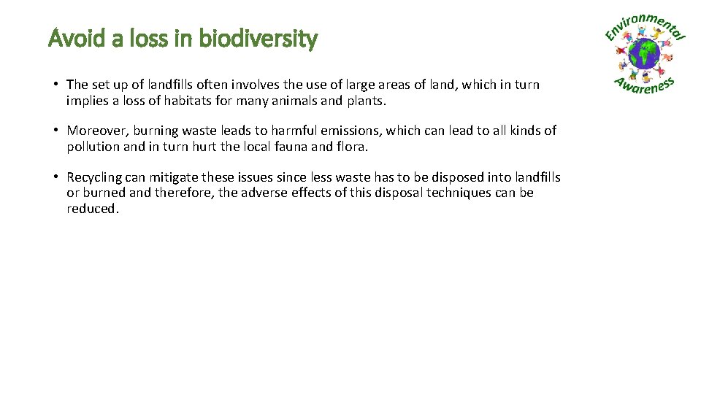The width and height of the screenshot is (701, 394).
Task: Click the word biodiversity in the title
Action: coord(259,38)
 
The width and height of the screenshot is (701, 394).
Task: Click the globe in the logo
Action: coord(644,55)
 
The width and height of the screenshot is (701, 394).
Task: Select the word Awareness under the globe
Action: coord(644,85)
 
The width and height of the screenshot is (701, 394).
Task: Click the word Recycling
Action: coord(94,178)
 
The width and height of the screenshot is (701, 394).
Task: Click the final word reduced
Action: coord(91,209)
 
